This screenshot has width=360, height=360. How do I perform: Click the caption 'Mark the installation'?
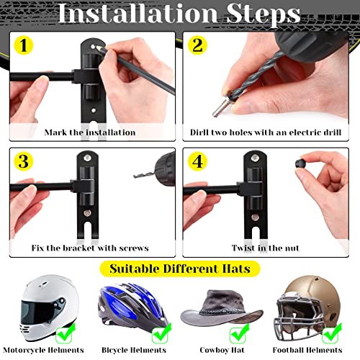[x=89, y=132]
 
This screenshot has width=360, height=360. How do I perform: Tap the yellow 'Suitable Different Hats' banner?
[x=180, y=269]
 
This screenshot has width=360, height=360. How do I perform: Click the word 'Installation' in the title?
[x=138, y=13]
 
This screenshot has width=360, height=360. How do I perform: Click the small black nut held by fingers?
[x=300, y=166]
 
